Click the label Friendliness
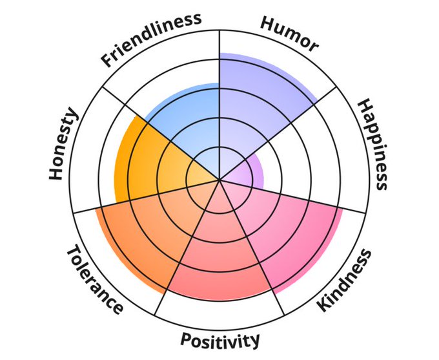(150, 39)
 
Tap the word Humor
(289, 33)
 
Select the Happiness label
(373, 144)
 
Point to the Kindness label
(345, 280)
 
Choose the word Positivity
(220, 339)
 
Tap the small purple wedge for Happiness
(249, 172)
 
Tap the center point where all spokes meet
(219, 180)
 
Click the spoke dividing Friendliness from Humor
(219, 71)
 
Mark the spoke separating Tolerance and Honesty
(116, 204)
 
